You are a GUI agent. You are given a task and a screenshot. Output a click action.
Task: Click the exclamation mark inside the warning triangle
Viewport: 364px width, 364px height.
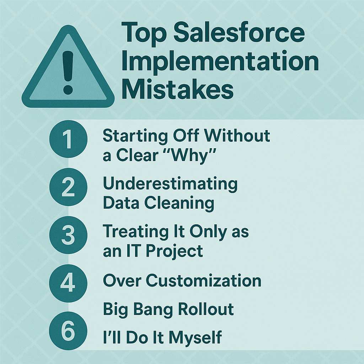click(68, 73)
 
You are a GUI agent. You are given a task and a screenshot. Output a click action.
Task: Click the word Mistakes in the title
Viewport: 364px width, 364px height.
click(177, 89)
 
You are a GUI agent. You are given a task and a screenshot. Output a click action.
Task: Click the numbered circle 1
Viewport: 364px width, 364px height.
click(68, 139)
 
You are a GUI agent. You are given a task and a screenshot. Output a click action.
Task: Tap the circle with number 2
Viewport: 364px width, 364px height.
click(68, 187)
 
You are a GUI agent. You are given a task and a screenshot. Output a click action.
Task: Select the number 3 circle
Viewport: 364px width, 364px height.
click(68, 235)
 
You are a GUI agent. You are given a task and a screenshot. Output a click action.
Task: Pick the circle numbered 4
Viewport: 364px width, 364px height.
click(68, 283)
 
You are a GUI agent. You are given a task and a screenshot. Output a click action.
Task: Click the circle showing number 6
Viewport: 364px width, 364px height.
click(68, 331)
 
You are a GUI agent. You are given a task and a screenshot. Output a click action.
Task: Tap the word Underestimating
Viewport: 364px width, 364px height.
click(170, 184)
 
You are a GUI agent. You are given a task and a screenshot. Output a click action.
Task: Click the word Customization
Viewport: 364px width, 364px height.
click(203, 281)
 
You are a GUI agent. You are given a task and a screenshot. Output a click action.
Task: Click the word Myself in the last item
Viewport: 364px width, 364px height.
click(195, 338)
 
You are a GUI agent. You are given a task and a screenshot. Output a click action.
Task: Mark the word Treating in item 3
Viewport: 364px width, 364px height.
click(136, 232)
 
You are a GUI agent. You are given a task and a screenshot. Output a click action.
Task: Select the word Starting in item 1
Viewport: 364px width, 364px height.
click(135, 136)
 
